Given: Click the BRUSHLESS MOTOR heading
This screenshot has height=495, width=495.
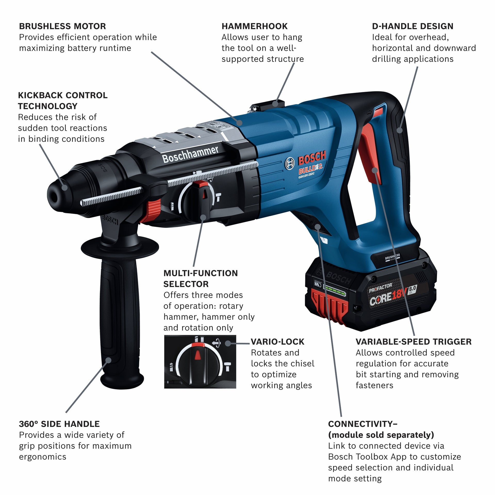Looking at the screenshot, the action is coord(62,26).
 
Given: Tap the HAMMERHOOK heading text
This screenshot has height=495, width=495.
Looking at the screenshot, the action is coord(254,26).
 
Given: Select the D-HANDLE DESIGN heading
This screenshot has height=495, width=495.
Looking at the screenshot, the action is coord(412,26).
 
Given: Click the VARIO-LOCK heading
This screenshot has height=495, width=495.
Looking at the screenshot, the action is coord(277,342).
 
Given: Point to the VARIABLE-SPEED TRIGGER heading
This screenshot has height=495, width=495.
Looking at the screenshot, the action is coord(414,342).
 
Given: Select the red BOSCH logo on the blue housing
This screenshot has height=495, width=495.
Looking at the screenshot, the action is coord(312,158).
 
